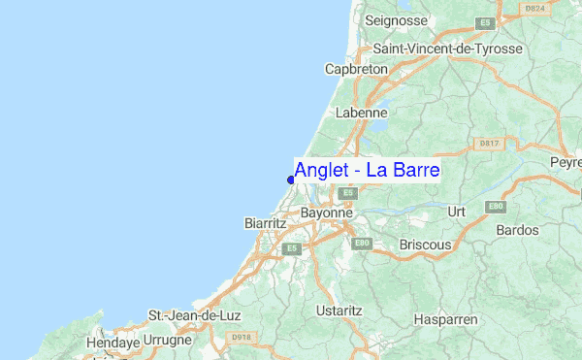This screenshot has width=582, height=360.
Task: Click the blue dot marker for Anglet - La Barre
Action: pyautogui.click(x=291, y=179)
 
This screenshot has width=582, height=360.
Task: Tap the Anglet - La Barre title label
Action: pyautogui.click(x=368, y=172)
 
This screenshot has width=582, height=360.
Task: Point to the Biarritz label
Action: pyautogui.click(x=264, y=223)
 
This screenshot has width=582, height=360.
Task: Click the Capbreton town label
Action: pyautogui.click(x=355, y=70)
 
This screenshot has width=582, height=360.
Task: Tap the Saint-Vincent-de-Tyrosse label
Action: pyautogui.click(x=448, y=49)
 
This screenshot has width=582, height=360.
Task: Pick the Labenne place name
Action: pyautogui.click(x=361, y=113)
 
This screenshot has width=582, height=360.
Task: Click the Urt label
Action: pyautogui.click(x=457, y=211)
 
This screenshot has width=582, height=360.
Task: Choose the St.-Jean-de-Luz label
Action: pyautogui.click(x=193, y=316)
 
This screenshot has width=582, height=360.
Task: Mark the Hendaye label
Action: pyautogui.click(x=113, y=343)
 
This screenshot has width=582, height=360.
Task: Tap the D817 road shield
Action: pyautogui.click(x=489, y=144)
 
